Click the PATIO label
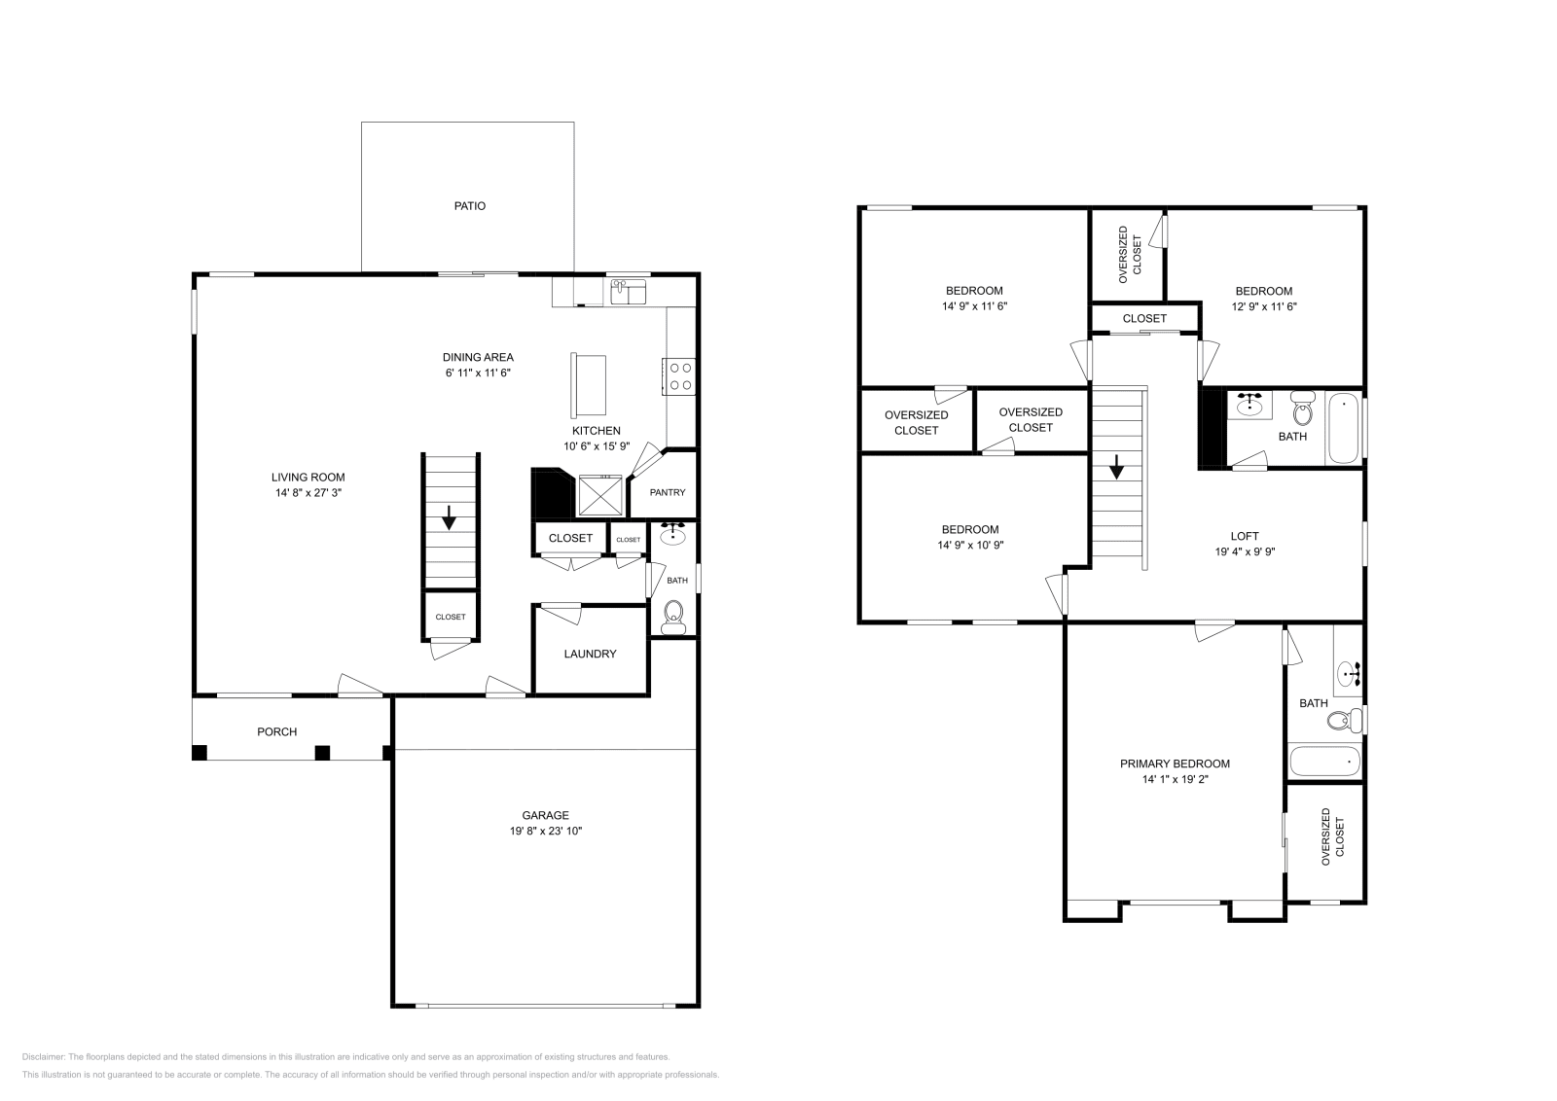(x=469, y=206)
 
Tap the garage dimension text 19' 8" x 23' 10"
(x=545, y=831)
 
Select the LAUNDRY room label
(x=590, y=654)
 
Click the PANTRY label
(x=668, y=492)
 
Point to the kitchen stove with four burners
(x=680, y=376)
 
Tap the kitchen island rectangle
(x=588, y=385)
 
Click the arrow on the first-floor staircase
(x=449, y=517)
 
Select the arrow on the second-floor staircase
(x=1116, y=468)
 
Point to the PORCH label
(x=276, y=731)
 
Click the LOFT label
(x=1244, y=536)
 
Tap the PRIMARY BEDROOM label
(x=1175, y=764)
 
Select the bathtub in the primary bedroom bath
(x=1323, y=761)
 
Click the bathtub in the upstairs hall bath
(x=1344, y=428)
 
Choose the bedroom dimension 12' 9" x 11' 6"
(x=1264, y=305)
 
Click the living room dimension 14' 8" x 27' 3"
(x=308, y=492)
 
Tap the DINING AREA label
(x=478, y=357)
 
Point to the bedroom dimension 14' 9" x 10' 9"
(x=970, y=545)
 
